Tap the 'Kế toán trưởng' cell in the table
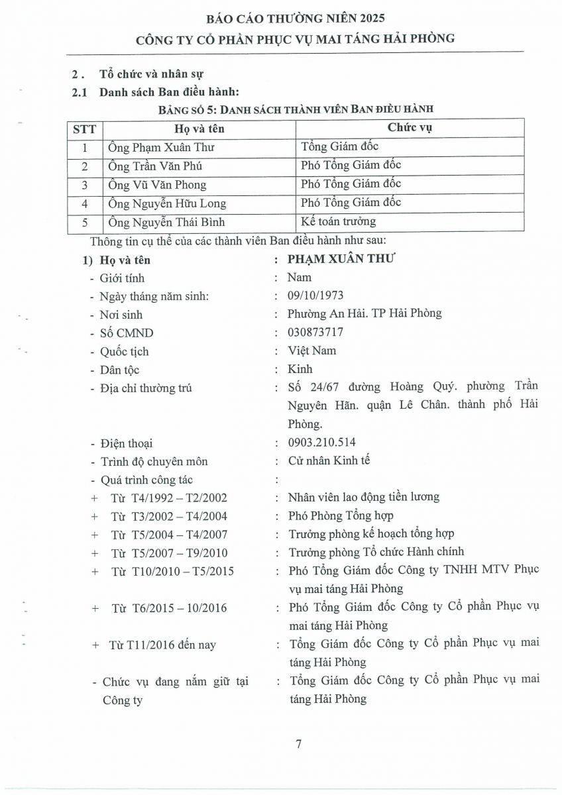point(338,221)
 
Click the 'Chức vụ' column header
point(410,128)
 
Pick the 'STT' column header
point(84,129)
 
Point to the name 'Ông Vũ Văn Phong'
point(157,185)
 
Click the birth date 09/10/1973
point(315,295)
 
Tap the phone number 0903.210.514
point(322,443)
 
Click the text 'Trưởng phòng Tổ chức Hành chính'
point(376,551)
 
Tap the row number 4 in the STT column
point(84,203)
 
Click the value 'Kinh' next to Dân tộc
point(300,369)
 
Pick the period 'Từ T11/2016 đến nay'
point(162,644)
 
